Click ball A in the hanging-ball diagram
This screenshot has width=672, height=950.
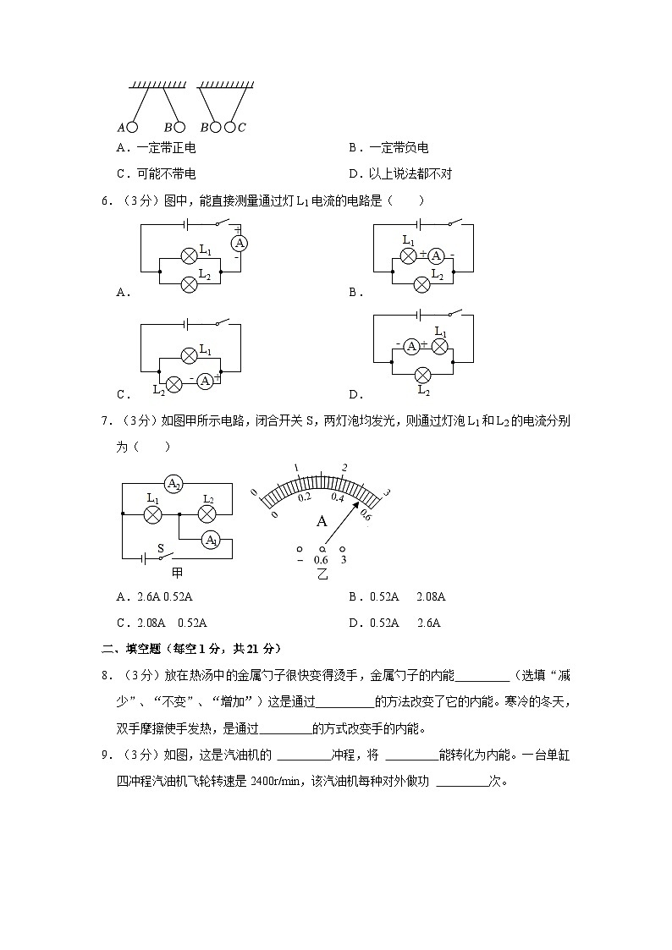pyautogui.click(x=132, y=127)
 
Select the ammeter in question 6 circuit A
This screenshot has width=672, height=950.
pyautogui.click(x=240, y=244)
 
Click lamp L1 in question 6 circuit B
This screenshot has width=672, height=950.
pyautogui.click(x=409, y=255)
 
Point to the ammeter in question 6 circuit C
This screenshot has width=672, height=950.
pyautogui.click(x=204, y=382)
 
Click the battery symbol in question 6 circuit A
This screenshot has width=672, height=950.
pyautogui.click(x=188, y=224)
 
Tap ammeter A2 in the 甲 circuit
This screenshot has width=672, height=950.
pyautogui.click(x=173, y=484)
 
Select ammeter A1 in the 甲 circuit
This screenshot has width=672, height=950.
pyautogui.click(x=210, y=540)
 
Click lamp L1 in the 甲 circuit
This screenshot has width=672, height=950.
pyautogui.click(x=152, y=513)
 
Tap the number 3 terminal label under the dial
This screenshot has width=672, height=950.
pyautogui.click(x=343, y=559)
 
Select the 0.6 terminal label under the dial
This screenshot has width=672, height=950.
pyautogui.click(x=321, y=559)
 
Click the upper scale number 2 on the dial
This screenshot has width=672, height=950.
pyautogui.click(x=344, y=467)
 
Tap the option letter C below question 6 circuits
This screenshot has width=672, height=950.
pyautogui.click(x=123, y=393)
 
